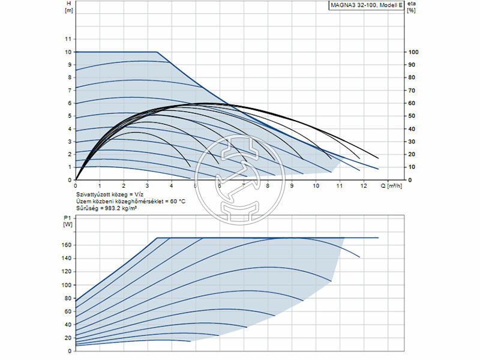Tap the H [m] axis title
pos(68,7)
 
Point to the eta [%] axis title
pos(412,7)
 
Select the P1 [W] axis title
pos(67,221)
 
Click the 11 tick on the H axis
pos(68,39)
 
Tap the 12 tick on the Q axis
pos(364,186)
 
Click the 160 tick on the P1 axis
pos(66,245)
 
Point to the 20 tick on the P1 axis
pos(68,338)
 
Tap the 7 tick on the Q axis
pos(244,186)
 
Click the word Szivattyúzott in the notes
pos(92,195)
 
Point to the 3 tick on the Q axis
pos(148,186)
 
